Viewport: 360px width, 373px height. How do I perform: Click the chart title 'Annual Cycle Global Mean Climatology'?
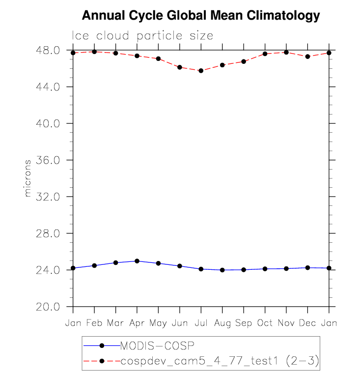point(200,16)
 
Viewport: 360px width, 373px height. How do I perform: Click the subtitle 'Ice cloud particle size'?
point(143,36)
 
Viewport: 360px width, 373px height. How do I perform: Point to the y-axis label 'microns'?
point(28,178)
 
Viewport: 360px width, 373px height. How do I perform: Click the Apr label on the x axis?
point(137,323)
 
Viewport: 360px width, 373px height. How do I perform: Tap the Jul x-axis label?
point(201,323)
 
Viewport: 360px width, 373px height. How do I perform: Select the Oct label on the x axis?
point(265,323)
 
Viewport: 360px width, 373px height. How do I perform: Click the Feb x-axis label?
point(94,323)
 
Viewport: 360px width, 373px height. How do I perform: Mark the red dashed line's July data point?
point(201,71)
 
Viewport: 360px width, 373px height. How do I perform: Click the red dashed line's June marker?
point(180,67)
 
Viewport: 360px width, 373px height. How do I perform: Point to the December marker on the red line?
point(307,57)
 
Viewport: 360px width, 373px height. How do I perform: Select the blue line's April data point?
point(137,261)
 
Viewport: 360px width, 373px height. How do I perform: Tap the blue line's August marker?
point(222,270)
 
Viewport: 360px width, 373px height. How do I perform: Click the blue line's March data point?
point(115,262)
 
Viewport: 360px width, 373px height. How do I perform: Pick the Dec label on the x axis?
point(307,323)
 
